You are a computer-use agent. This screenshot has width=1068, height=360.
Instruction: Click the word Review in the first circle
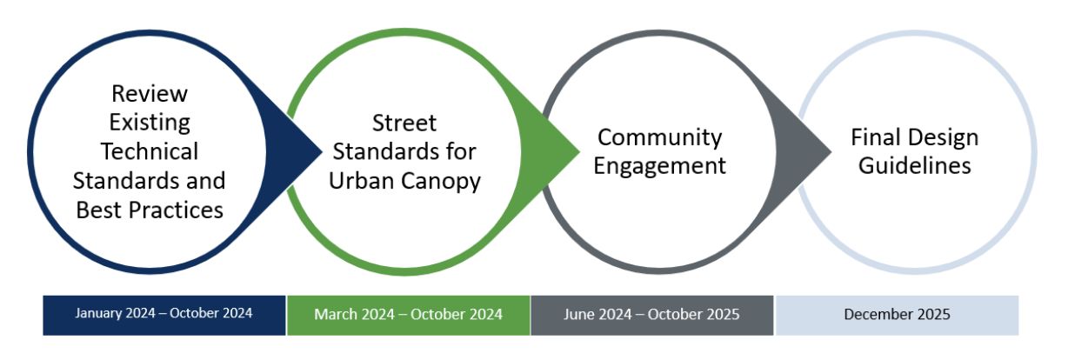pyautogui.click(x=150, y=93)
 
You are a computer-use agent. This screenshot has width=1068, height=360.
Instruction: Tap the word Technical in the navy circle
pyautogui.click(x=150, y=151)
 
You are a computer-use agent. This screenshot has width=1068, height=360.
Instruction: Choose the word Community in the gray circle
pyautogui.click(x=660, y=137)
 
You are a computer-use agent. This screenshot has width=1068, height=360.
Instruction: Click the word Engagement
pyautogui.click(x=660, y=165)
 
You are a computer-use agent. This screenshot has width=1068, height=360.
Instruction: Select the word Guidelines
pyautogui.click(x=915, y=165)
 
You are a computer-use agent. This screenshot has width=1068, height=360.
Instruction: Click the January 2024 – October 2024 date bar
pyautogui.click(x=164, y=314)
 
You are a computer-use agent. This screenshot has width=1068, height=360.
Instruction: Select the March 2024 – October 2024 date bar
pyautogui.click(x=408, y=314)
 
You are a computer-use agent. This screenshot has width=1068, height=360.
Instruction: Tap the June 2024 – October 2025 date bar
pyautogui.click(x=651, y=314)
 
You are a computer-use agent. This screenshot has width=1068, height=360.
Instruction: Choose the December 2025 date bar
pyautogui.click(x=897, y=314)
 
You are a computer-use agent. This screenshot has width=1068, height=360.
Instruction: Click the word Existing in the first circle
pyautogui.click(x=150, y=122)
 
